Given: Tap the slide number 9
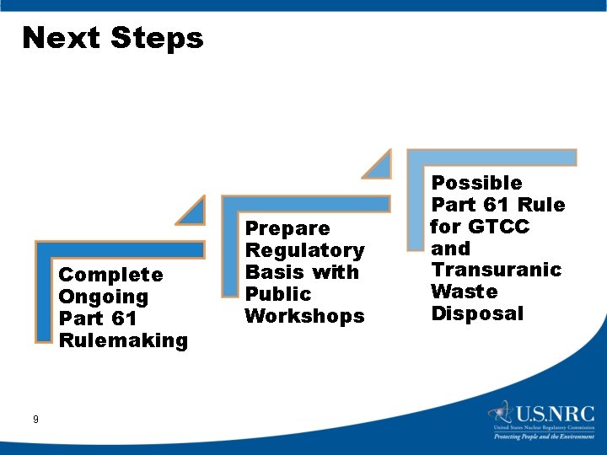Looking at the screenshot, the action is (35, 419).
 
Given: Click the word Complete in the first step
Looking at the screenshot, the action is (110, 275).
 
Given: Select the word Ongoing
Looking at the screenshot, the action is (103, 297).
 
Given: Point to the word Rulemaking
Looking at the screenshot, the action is (123, 340).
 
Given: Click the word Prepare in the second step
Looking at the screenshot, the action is (287, 228).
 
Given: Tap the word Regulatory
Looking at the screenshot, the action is (304, 250).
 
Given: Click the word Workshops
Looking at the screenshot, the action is (304, 316).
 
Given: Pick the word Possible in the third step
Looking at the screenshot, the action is (476, 182).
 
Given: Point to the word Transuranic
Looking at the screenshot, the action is (496, 270).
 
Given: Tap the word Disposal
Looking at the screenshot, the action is (477, 313).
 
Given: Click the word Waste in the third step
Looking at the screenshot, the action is (465, 292).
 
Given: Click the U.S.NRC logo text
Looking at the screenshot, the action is (556, 415).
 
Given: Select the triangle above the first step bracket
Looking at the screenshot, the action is (193, 211).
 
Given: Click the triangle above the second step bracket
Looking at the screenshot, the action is (379, 165).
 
